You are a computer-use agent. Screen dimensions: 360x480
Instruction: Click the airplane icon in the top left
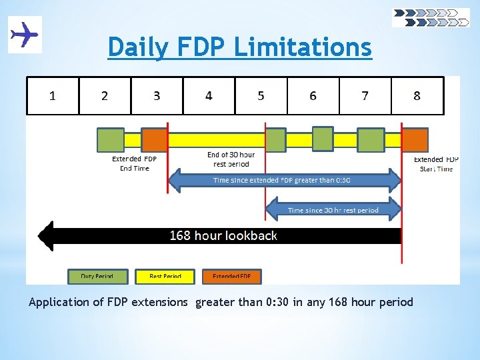click(25, 34)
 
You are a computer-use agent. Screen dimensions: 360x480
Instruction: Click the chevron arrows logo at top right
click(431, 17)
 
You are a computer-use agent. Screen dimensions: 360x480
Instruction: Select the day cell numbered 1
click(53, 95)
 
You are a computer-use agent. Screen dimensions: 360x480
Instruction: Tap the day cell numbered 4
click(209, 95)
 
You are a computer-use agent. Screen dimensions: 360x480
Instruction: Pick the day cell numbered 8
click(417, 95)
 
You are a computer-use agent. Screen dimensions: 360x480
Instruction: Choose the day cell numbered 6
click(313, 95)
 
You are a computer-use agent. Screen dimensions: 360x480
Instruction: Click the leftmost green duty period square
click(111, 140)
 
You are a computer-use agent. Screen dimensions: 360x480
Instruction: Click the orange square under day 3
click(155, 140)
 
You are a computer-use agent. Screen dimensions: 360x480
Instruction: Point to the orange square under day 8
click(415, 140)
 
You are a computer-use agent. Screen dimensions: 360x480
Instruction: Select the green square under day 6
click(323, 139)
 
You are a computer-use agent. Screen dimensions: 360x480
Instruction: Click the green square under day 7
click(371, 140)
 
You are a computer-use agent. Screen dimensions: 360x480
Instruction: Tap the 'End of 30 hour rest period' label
click(231, 159)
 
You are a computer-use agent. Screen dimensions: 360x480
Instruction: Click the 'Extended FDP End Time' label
click(134, 163)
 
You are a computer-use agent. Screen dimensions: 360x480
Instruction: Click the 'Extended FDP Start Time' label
click(436, 164)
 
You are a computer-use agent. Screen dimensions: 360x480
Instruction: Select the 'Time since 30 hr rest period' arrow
click(333, 210)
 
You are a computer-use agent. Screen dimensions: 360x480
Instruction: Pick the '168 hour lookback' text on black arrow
click(223, 235)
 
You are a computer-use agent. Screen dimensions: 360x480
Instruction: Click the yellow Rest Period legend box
click(165, 276)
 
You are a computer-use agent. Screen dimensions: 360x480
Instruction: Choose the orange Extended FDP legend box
click(231, 276)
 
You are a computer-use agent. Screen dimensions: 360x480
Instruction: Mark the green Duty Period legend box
click(97, 276)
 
